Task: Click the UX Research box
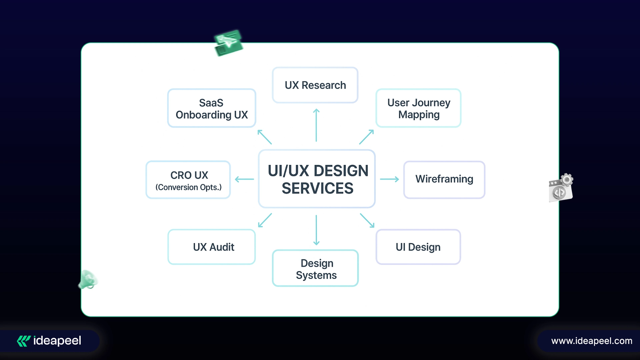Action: [x=315, y=85]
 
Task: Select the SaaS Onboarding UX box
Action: [x=212, y=108]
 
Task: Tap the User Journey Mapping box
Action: [x=418, y=108]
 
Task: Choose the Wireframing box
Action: [x=444, y=179]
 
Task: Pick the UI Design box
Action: [x=418, y=247]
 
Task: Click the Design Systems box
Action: [x=315, y=269]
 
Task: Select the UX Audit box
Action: [x=212, y=247]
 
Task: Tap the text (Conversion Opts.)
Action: [x=188, y=187]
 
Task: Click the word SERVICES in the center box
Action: [x=317, y=189]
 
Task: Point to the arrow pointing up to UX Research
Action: [x=316, y=125]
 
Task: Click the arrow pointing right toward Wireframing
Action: [x=389, y=179]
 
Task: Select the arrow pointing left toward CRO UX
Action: [x=244, y=179]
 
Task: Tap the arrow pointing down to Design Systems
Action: [x=316, y=230]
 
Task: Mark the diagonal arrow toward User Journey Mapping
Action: [x=366, y=137]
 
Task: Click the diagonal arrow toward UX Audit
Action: [x=265, y=220]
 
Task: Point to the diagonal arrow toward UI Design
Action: [x=367, y=220]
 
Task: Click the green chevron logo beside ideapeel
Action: [x=24, y=341]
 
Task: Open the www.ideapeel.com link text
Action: [x=592, y=341]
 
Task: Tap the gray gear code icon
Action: [x=561, y=188]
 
